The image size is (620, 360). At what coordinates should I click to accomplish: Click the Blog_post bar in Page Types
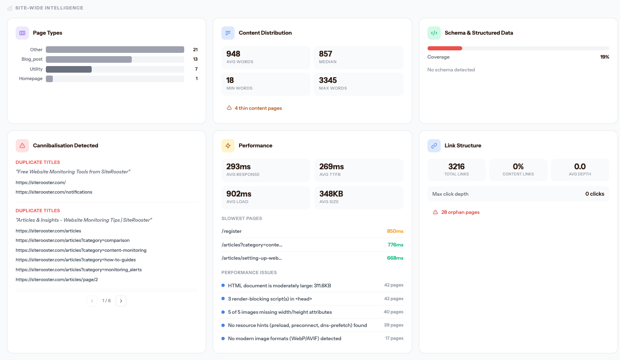89,59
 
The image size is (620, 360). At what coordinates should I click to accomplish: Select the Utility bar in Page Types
69,69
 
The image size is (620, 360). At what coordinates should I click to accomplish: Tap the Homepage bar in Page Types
50,79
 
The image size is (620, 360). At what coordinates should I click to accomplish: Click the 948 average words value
233,54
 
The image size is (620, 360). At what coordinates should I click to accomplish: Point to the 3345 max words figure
328,81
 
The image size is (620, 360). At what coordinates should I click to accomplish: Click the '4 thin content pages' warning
258,108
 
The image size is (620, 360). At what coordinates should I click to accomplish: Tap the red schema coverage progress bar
445,48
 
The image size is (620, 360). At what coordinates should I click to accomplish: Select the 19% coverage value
604,57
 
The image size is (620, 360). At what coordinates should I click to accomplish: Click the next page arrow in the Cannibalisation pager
121,301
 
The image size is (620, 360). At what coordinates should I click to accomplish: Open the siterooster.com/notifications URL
54,192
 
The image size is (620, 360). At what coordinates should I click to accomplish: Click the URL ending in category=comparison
73,240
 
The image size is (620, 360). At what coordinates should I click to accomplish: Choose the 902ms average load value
239,194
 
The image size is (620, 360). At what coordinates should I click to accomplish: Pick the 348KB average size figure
331,194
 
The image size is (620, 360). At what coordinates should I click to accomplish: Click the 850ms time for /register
395,231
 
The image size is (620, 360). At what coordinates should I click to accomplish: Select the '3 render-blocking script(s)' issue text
270,299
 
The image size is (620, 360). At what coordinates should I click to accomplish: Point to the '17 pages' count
394,339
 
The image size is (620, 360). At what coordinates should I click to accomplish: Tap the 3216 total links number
456,167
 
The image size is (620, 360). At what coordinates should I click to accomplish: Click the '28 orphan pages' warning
460,212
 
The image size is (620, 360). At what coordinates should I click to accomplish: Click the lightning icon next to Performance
228,146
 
